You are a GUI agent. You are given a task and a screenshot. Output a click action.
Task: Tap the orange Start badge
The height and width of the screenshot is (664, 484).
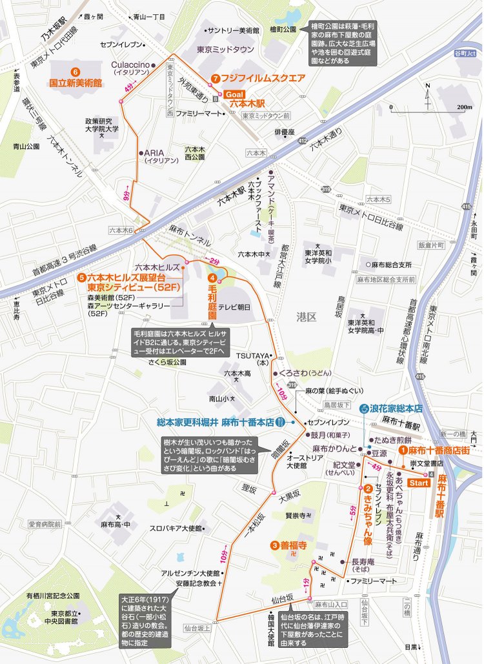[420, 483]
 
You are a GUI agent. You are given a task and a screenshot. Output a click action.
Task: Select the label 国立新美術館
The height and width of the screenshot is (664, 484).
[76, 83]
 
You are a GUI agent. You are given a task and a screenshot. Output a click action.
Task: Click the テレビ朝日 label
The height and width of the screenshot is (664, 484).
[234, 307]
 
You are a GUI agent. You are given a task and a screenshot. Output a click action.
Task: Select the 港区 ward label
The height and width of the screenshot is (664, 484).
[304, 317]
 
